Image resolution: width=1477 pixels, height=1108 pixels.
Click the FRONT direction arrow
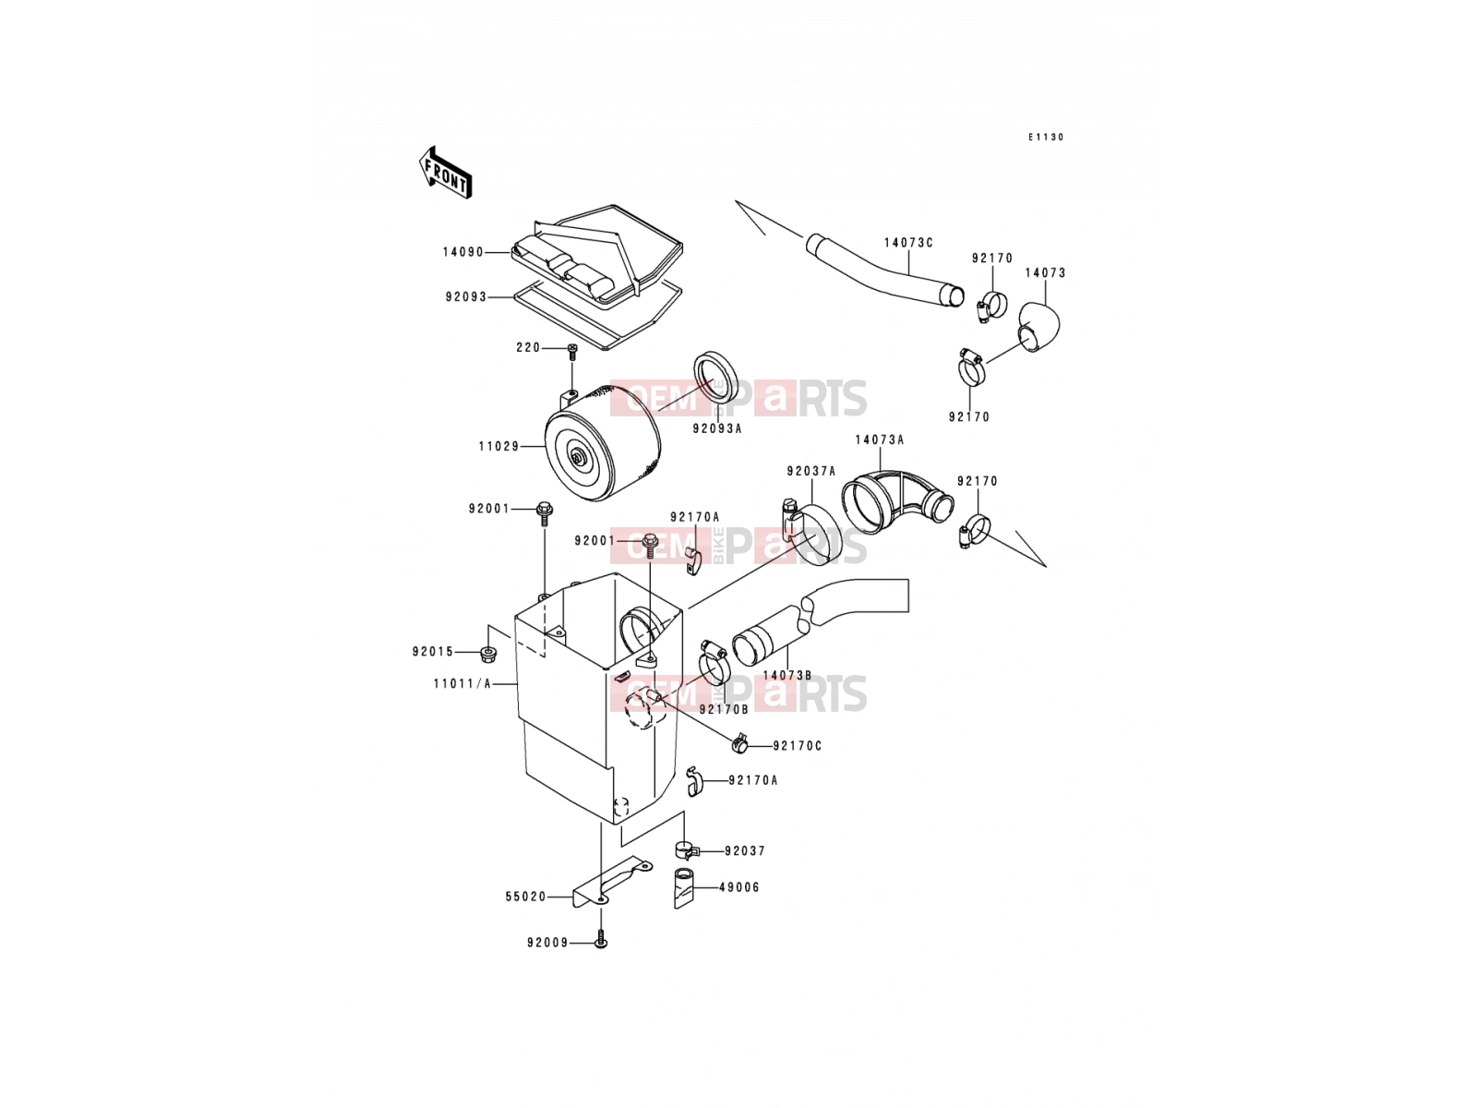(x=445, y=173)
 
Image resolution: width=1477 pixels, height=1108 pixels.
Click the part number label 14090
(x=463, y=252)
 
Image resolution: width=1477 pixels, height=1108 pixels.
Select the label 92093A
(x=716, y=428)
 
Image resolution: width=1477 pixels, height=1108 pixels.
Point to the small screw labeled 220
(x=572, y=349)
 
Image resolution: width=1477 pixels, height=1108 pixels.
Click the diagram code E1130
(x=1046, y=138)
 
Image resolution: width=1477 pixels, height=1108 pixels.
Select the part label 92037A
(x=811, y=472)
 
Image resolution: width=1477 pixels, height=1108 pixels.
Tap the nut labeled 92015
(x=486, y=653)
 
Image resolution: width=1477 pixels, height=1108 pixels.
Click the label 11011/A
(x=462, y=684)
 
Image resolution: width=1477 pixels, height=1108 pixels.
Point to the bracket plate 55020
(x=611, y=883)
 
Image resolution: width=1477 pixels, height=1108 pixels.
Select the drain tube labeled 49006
(x=685, y=888)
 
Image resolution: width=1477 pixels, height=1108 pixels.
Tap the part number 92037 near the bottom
(x=745, y=851)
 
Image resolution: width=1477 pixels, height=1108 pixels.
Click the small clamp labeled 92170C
(x=741, y=744)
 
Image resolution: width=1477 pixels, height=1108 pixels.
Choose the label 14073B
(x=787, y=676)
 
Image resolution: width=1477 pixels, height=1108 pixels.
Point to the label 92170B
(x=724, y=709)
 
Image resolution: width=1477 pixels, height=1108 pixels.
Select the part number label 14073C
(x=908, y=243)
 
